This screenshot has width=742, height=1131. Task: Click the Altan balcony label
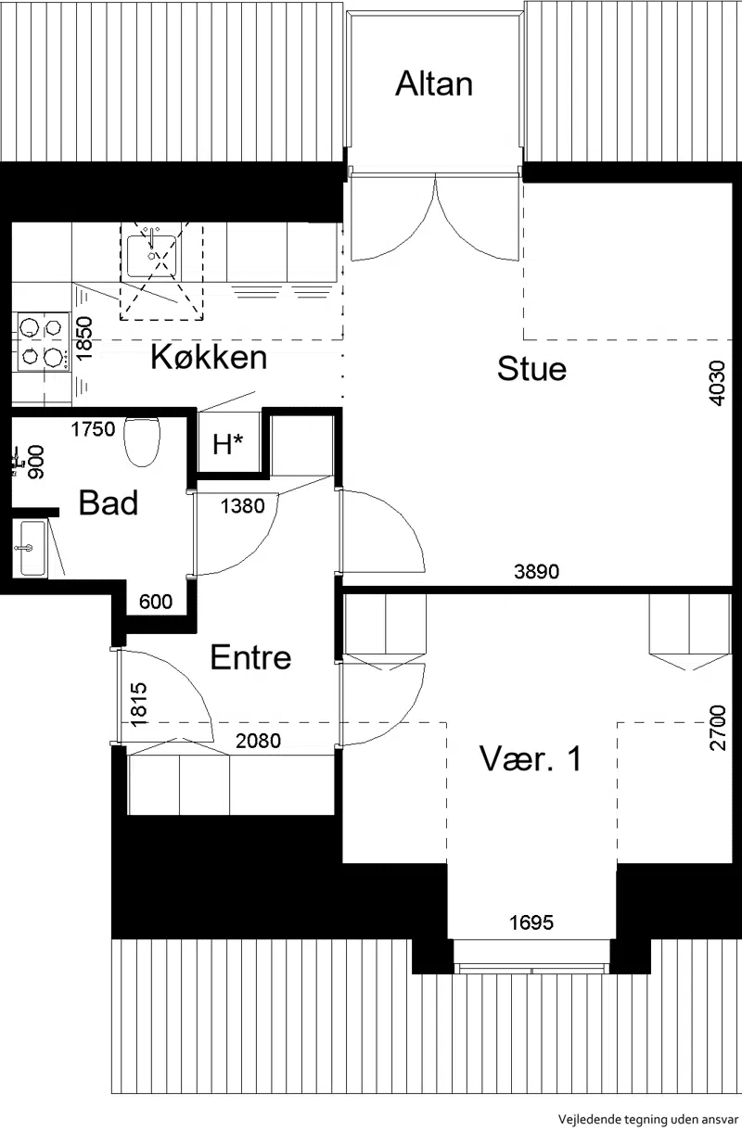click(x=434, y=83)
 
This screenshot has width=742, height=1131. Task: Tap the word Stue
click(x=531, y=369)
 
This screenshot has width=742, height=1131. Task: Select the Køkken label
click(x=209, y=357)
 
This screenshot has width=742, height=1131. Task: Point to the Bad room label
click(x=109, y=502)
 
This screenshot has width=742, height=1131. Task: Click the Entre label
click(x=250, y=657)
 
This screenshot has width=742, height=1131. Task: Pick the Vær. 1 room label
click(x=531, y=758)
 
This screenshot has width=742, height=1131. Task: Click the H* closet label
click(x=228, y=444)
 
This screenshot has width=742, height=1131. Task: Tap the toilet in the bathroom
click(x=141, y=441)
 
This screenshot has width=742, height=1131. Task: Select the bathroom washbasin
click(x=32, y=548)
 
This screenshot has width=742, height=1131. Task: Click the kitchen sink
click(x=151, y=256)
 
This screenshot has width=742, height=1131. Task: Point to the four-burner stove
click(x=43, y=341)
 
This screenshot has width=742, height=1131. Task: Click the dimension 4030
click(x=717, y=383)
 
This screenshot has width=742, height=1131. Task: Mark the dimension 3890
click(x=536, y=572)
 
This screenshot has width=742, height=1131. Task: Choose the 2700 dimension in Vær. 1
click(x=717, y=728)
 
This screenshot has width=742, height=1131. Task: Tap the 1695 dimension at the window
click(x=531, y=922)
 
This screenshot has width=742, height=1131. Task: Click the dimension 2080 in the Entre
click(x=258, y=741)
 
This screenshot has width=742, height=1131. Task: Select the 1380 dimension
click(x=242, y=505)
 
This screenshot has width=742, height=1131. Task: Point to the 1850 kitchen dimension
click(x=84, y=337)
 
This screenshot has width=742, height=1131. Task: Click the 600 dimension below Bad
click(x=156, y=602)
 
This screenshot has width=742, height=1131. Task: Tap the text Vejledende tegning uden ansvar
click(x=648, y=1118)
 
